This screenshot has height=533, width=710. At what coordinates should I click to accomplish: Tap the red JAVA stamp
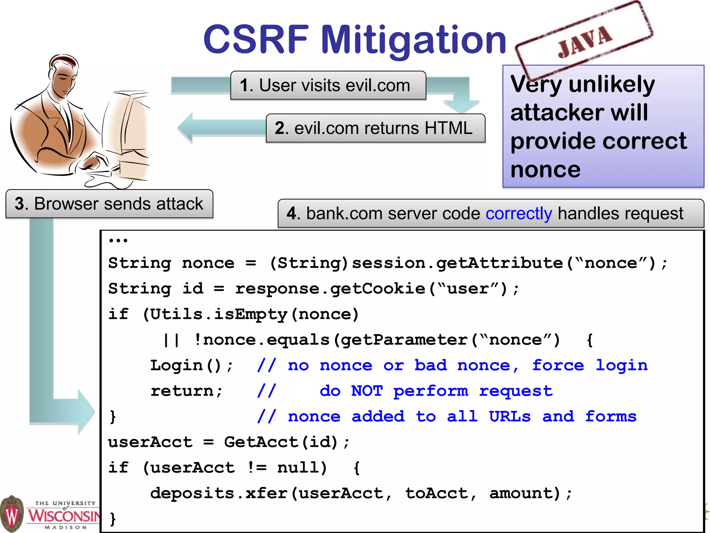coord(585,41)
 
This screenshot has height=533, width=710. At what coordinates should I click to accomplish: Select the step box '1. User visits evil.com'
coord(328,85)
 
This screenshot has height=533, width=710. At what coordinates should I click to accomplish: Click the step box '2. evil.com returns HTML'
coord(375,128)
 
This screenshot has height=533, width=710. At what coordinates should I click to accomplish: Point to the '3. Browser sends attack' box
coord(109,204)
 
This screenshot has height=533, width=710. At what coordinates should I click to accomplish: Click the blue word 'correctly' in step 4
coord(519,213)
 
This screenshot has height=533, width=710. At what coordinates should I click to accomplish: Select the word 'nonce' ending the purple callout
coord(545,170)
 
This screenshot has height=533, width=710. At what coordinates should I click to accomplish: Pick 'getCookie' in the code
coord(377,289)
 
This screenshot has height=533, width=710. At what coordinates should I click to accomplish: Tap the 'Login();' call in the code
coord(191,365)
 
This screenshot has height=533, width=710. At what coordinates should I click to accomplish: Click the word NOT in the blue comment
coord(367,391)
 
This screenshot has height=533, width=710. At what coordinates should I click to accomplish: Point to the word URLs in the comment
coord(510,417)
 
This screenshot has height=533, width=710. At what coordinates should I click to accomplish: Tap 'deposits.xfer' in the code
coord(218,493)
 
